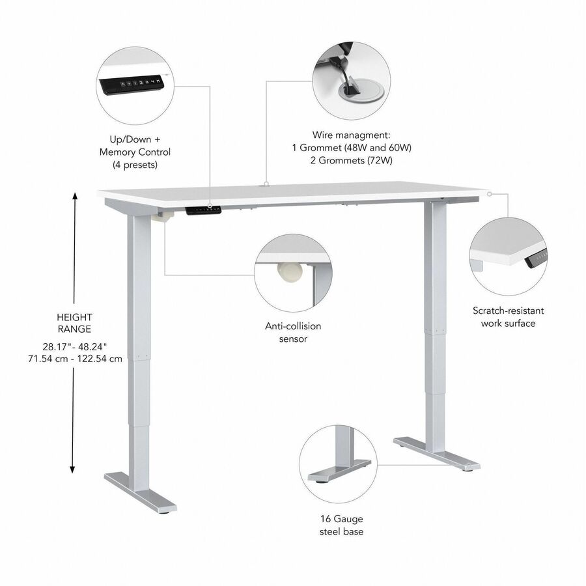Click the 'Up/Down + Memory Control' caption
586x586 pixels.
coord(135,145)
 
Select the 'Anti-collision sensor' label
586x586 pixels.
coord(292,332)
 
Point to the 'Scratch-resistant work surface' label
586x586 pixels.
coord(509,317)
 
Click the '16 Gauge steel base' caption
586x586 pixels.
coord(341,525)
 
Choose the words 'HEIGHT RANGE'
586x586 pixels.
coord(74,322)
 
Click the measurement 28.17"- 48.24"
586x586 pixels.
coord(74,346)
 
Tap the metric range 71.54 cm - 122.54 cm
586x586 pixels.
coord(74,359)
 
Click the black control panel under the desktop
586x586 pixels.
coord(204,210)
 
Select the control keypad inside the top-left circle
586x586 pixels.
coord(133,83)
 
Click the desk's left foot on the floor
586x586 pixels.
coord(140,492)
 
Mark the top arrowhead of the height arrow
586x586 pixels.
coord(75,195)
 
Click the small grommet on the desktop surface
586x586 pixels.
coord(266,184)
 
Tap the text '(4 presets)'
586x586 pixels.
coord(135,165)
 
